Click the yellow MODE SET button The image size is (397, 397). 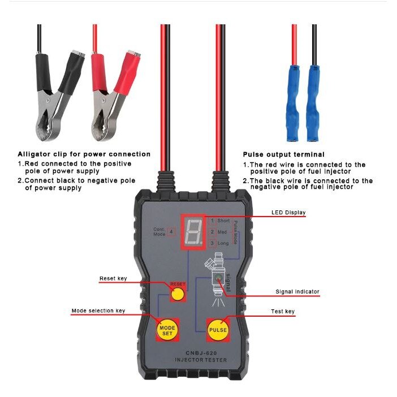(x=167, y=330)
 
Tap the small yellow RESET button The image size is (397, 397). (x=178, y=294)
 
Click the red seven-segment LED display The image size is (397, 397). (x=192, y=232)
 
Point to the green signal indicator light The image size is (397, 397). (x=218, y=279)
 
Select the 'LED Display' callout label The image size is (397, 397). (x=288, y=213)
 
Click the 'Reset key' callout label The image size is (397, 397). (x=113, y=278)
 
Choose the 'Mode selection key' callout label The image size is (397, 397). (x=98, y=310)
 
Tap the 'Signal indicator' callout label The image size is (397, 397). (x=297, y=292)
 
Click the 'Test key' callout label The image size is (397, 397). (x=283, y=311)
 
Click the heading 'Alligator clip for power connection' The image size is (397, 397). (x=84, y=154)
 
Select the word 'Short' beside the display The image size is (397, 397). (x=223, y=221)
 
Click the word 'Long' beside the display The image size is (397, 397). (x=223, y=243)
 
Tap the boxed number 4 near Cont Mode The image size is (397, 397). (x=171, y=232)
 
